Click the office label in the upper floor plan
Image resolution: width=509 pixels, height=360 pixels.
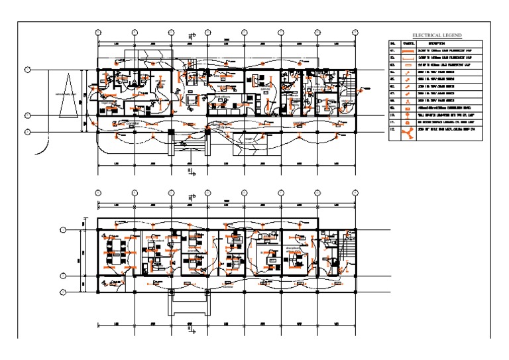coord(264,88)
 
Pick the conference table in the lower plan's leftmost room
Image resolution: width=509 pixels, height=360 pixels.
coord(117,249)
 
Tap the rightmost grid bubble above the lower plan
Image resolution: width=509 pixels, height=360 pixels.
coord(355,192)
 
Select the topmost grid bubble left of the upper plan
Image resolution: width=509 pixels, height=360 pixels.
coord(28,69)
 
